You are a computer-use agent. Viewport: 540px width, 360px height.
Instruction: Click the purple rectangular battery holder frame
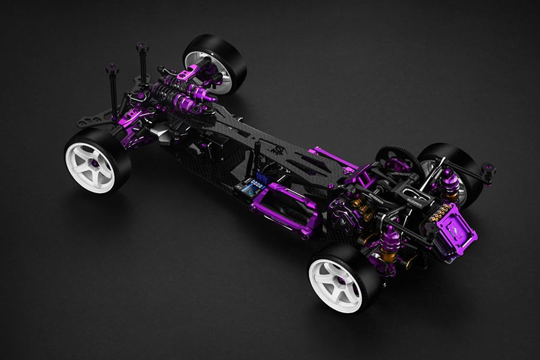coord(281,206)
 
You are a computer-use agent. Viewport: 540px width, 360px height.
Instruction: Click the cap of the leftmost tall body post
coord(112,68)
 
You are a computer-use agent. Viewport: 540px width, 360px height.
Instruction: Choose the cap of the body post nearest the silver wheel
coord(142,44)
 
